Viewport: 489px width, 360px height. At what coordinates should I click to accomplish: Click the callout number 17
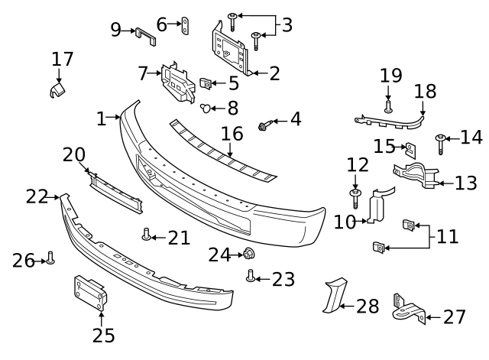pyautogui.click(x=63, y=59)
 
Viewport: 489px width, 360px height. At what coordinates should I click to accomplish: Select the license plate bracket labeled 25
pyautogui.click(x=90, y=294)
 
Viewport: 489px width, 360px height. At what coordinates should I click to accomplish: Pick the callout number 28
pyautogui.click(x=368, y=306)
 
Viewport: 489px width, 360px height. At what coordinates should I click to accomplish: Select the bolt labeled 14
pyautogui.click(x=441, y=140)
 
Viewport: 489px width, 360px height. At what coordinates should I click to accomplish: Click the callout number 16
pyautogui.click(x=232, y=135)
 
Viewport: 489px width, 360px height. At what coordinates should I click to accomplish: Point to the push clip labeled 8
pyautogui.click(x=206, y=108)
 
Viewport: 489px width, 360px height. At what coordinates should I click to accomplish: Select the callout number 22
pyautogui.click(x=36, y=196)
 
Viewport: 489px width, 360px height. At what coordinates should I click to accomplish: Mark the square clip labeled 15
pyautogui.click(x=410, y=149)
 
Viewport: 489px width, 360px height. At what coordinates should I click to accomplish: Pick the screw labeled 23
pyautogui.click(x=250, y=276)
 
